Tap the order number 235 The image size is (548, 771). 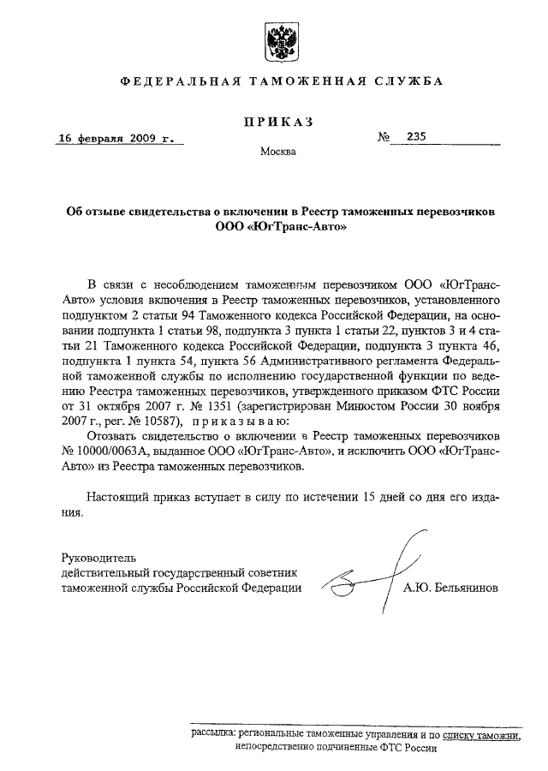pyautogui.click(x=416, y=136)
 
